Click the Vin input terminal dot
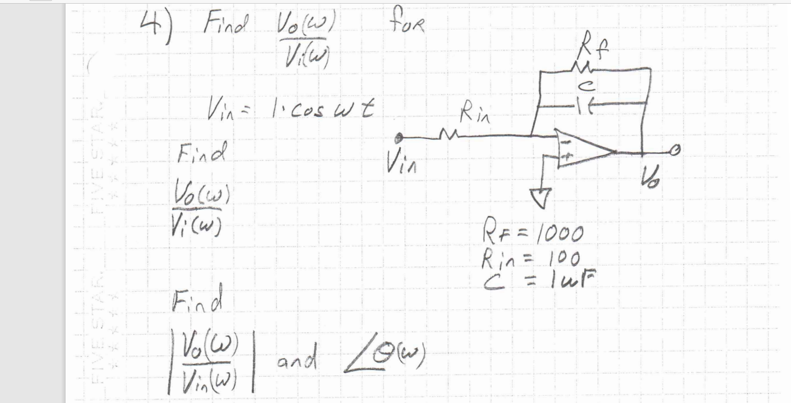click(398, 136)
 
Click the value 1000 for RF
click(563, 234)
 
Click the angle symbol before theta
click(360, 360)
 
